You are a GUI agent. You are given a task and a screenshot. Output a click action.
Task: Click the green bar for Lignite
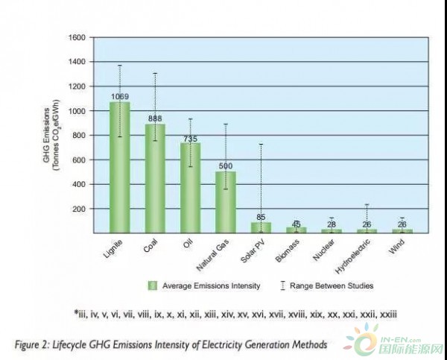[x=120, y=168]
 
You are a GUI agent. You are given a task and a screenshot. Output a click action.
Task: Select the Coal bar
[x=155, y=179]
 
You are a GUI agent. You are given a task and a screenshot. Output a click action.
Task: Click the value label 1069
[x=120, y=97]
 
